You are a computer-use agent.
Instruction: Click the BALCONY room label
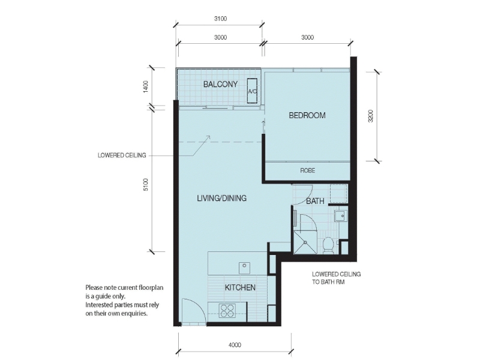pyautogui.click(x=220, y=84)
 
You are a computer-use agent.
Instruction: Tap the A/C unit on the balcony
pyautogui.click(x=252, y=91)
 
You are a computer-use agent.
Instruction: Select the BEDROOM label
pyautogui.click(x=307, y=115)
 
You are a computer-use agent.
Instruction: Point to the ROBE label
pyautogui.click(x=307, y=171)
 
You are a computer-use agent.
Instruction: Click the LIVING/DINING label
pyautogui.click(x=221, y=198)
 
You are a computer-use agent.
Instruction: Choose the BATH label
pyautogui.click(x=315, y=202)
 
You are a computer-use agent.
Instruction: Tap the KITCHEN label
pyautogui.click(x=240, y=287)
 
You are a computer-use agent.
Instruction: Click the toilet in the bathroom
pyautogui.click(x=328, y=245)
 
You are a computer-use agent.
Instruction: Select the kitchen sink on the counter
pyautogui.click(x=244, y=265)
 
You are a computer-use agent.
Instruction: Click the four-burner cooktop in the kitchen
pyautogui.click(x=227, y=311)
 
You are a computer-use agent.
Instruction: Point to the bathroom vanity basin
pyautogui.click(x=340, y=214)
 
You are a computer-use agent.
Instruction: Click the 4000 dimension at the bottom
pyautogui.click(x=235, y=344)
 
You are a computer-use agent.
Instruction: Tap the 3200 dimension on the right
pyautogui.click(x=371, y=116)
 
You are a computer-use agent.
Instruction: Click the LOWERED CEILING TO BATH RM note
pyautogui.click(x=335, y=278)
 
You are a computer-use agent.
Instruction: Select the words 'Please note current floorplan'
pyautogui.click(x=124, y=287)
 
